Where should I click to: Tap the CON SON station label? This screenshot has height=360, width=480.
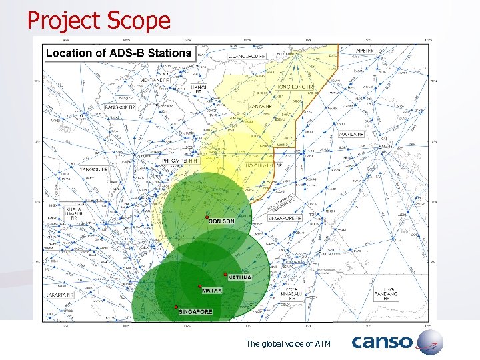point(221,221)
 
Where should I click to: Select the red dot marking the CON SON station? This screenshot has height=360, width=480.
point(207,217)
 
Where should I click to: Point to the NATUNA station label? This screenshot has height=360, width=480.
point(240,277)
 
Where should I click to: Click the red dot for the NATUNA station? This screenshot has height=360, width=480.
point(225,274)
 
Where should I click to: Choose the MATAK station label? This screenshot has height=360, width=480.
point(211,291)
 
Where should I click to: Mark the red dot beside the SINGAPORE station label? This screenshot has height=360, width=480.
point(176,307)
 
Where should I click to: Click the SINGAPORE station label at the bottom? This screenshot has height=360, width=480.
point(195,311)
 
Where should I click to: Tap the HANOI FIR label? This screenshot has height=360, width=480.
point(199,89)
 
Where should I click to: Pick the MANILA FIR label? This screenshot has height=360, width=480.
point(352,134)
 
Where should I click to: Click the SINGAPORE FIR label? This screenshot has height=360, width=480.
point(285,218)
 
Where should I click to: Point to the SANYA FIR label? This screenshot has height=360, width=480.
point(260,107)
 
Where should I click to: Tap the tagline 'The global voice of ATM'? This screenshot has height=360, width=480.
point(288,343)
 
